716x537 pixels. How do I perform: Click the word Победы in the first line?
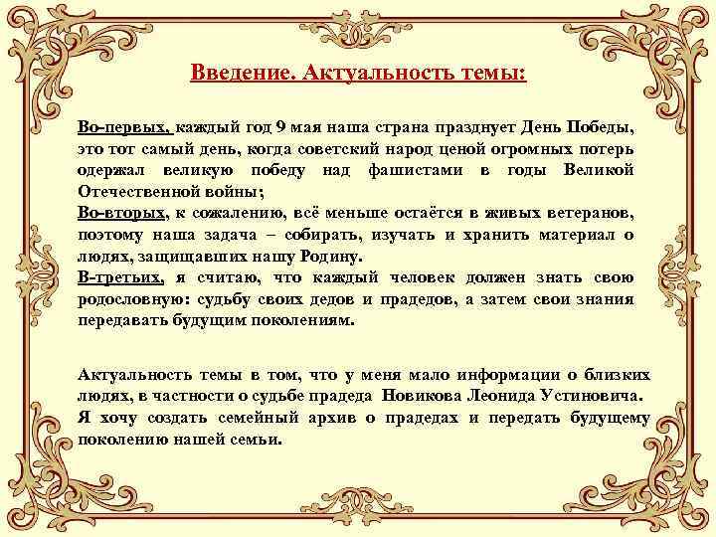click(599, 129)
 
